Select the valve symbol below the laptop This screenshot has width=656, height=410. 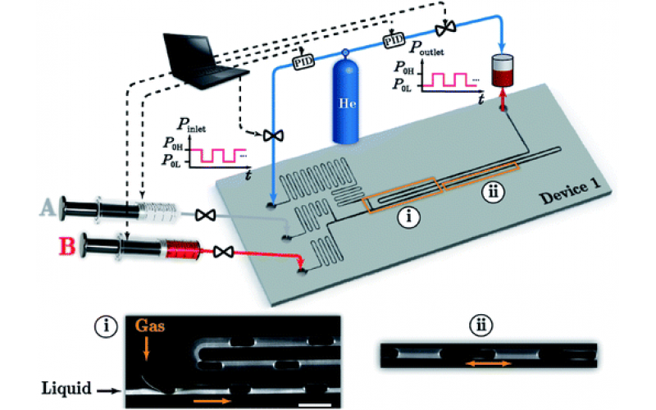click(x=266, y=135)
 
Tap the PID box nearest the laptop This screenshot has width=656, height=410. click(x=303, y=61)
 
